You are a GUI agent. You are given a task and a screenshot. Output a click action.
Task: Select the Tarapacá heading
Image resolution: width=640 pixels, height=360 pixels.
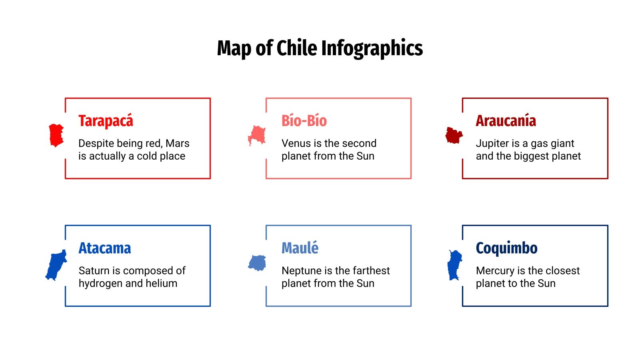[x=106, y=121]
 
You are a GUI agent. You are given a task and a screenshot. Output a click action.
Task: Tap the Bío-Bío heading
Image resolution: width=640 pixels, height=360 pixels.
[x=304, y=121]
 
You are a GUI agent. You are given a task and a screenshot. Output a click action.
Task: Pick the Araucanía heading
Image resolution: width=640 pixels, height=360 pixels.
[x=506, y=121]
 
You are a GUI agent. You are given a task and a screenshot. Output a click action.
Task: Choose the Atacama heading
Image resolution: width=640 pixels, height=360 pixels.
[x=104, y=248]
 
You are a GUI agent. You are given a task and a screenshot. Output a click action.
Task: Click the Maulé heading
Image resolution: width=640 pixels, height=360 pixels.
[x=300, y=248]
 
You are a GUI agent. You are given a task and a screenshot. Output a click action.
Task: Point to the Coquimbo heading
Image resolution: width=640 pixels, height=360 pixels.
[x=506, y=248]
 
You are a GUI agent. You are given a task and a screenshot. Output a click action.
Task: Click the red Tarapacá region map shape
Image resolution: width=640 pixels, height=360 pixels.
[x=56, y=135]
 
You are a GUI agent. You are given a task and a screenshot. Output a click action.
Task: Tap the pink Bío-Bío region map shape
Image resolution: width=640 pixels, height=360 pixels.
[x=257, y=135]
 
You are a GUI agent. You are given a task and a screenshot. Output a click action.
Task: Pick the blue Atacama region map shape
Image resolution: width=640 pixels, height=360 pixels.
[x=56, y=265]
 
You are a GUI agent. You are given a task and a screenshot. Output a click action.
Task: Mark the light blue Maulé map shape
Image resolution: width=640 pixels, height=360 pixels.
[x=257, y=263]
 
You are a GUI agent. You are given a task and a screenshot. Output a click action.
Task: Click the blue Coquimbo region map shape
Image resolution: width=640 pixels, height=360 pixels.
[x=454, y=265]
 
